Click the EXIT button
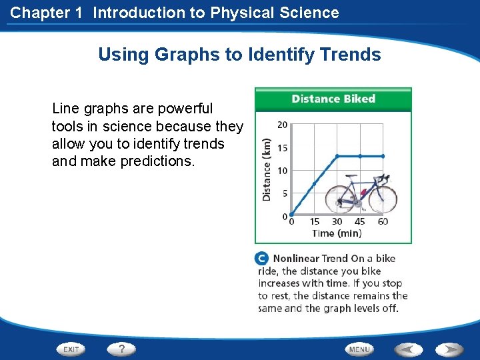click(x=71, y=349)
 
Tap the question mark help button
click(x=121, y=349)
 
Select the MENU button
click(x=359, y=349)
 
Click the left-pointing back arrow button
click(x=408, y=349)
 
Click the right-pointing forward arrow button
click(x=450, y=349)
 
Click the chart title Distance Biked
click(x=333, y=99)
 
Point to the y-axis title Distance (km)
click(x=267, y=169)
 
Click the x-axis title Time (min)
click(x=337, y=233)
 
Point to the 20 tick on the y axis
click(x=282, y=125)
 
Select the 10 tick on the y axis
click(x=282, y=171)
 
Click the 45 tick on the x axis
click(x=360, y=222)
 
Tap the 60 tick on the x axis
click(x=383, y=222)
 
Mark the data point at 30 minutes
click(x=337, y=156)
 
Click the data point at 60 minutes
click(x=383, y=156)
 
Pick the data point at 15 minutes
click(x=314, y=184)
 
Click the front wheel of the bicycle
click(x=383, y=198)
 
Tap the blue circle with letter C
click(x=262, y=259)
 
